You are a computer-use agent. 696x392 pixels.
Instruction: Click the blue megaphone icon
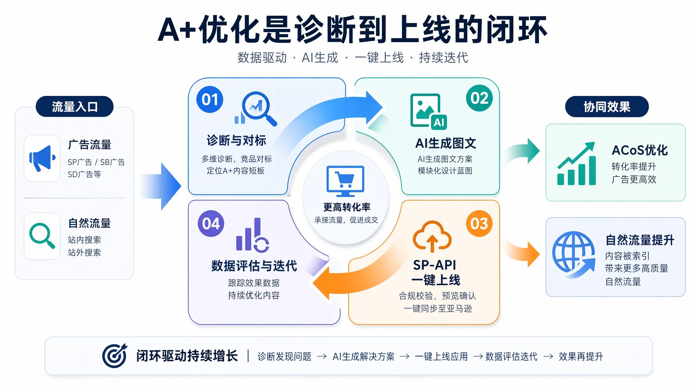42,158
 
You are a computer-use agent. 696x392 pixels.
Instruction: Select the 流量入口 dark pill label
74,107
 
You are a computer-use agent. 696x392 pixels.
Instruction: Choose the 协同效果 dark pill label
607,107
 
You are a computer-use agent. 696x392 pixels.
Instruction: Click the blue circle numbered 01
210,99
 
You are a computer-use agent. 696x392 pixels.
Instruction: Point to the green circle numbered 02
479,98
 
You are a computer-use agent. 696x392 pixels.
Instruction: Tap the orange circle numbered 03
479,224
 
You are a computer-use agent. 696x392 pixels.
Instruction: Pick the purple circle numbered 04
211,224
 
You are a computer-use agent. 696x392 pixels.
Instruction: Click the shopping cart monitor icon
345,181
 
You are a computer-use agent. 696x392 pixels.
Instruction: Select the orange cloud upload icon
432,236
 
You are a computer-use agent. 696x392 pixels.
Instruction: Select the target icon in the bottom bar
115,356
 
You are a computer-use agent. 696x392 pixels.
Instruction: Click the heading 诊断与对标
236,140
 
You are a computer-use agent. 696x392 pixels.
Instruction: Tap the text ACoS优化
640,150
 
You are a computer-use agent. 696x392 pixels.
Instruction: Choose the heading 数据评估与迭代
254,266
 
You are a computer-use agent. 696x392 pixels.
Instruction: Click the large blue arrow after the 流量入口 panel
160,186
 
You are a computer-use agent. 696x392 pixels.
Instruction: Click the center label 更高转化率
347,207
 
